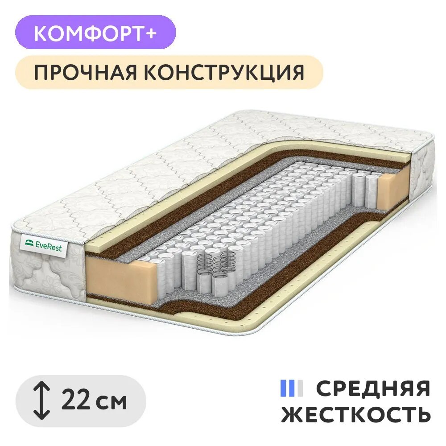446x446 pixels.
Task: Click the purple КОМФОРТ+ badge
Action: coord(95,32)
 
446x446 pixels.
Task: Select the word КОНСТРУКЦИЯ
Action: coord(224,72)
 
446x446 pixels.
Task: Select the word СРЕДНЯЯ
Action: coord(373,388)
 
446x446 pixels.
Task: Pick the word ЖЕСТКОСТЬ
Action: coord(356,414)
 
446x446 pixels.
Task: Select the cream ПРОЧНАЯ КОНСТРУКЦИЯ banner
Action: coord(169,72)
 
